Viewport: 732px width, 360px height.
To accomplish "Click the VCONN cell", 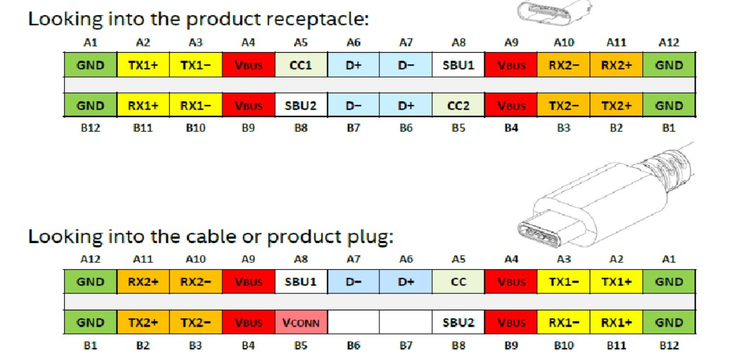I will tap(301, 322).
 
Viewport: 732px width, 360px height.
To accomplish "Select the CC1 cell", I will tap(301, 65).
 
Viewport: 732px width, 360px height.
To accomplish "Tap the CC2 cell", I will tap(459, 105).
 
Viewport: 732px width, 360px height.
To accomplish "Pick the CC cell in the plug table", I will tap(459, 282).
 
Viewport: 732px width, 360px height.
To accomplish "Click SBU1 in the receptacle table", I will tap(459, 65).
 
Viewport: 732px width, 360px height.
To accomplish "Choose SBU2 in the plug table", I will tap(459, 322).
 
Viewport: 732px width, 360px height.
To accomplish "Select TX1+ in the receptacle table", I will tap(143, 65).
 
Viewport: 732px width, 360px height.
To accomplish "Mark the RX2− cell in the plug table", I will tap(196, 282).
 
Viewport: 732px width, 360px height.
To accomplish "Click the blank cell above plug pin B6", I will tap(353, 322).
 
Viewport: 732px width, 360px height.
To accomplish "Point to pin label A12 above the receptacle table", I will tap(669, 43).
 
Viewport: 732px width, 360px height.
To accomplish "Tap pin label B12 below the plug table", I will tap(669, 346).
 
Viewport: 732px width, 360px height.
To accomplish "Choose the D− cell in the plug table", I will tap(353, 282).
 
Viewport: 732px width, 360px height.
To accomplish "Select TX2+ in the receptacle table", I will tap(616, 105).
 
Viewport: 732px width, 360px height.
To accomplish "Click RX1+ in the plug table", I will tap(616, 322).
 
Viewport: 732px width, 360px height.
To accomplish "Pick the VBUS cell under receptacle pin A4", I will tap(248, 65).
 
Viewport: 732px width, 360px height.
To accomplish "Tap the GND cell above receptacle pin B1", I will tap(669, 105).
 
